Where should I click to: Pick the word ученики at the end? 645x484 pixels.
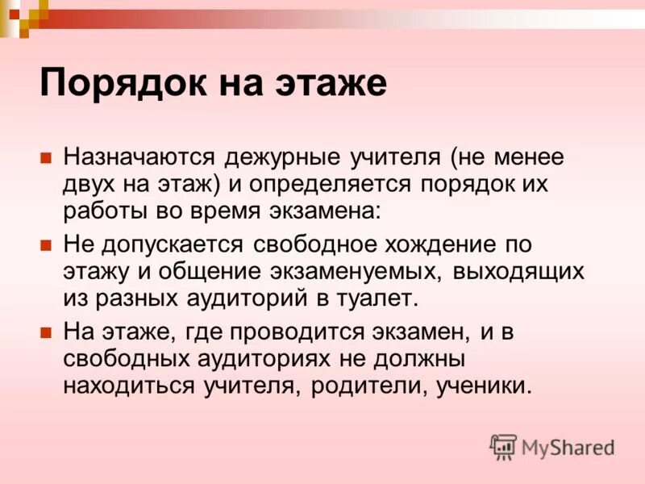[485, 386]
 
